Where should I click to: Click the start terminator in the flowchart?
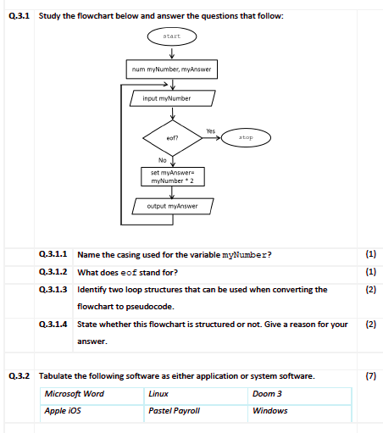coord(172,36)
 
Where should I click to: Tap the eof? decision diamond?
coord(172,136)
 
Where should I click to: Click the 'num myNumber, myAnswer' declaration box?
coord(172,69)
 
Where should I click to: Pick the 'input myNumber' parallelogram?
coord(172,98)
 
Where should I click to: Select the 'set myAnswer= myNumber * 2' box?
coord(172,177)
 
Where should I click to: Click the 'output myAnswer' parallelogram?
coord(172,206)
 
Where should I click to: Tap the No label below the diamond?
coord(162,159)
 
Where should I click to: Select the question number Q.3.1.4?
coord(56,325)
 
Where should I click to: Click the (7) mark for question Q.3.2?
coord(369,375)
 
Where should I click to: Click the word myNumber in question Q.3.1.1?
coord(245,254)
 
